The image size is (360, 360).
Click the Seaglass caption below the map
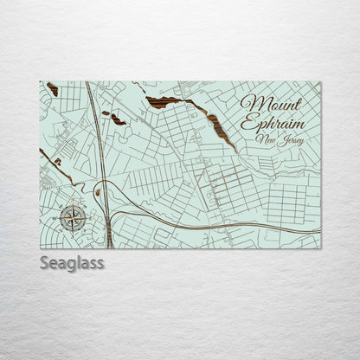pos(71,263)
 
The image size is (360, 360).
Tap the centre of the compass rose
pos(73,217)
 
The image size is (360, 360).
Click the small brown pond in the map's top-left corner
pos(53,89)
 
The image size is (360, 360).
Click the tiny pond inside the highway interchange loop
pos(98,192)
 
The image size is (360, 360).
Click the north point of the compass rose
pos(73,206)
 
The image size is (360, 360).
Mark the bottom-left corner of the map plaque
pos(41,247)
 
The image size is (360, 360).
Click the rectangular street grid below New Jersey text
pos(286,203)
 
